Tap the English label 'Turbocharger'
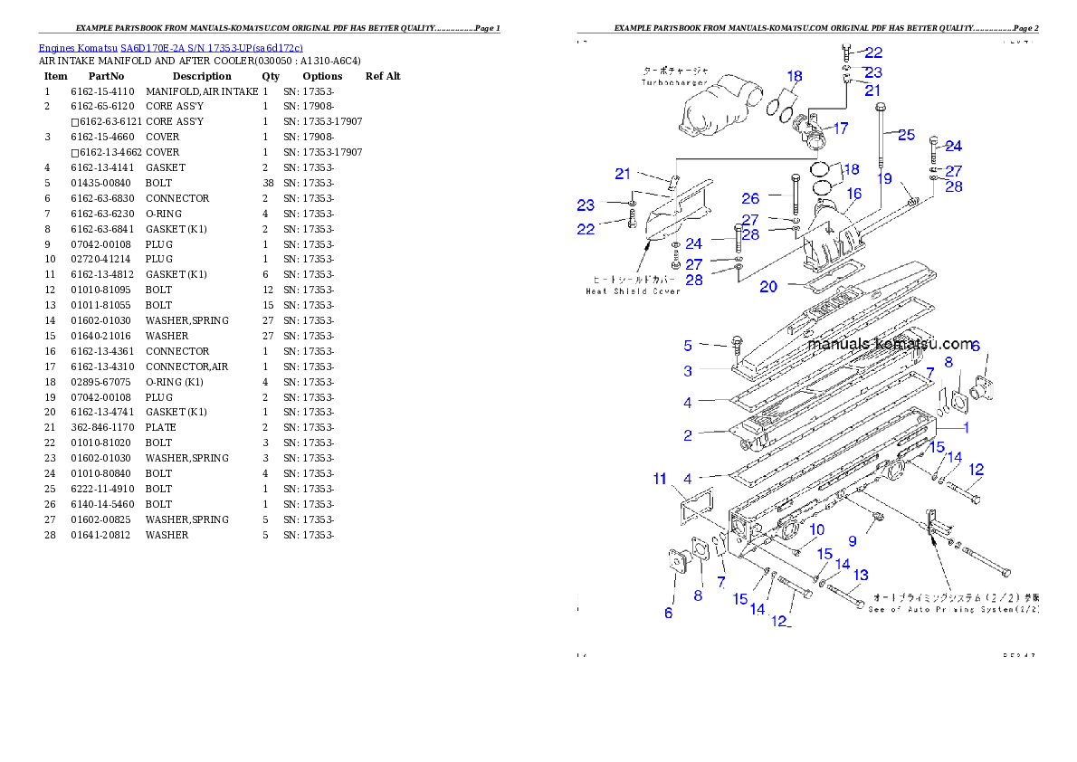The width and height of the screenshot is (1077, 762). click(x=673, y=82)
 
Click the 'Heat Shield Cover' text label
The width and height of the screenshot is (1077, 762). click(x=633, y=291)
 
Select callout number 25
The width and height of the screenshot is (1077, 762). click(x=906, y=134)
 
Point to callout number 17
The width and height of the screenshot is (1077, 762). click(x=841, y=129)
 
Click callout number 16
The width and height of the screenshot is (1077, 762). click(x=854, y=194)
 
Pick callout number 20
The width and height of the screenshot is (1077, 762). click(x=768, y=287)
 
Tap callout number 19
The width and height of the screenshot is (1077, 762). click(x=884, y=179)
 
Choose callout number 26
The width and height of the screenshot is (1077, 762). click(x=750, y=198)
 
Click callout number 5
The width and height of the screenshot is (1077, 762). click(x=688, y=345)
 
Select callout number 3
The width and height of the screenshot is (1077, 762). click(x=688, y=371)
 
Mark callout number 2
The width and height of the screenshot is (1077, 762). click(x=688, y=435)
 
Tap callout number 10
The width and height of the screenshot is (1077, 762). click(x=816, y=529)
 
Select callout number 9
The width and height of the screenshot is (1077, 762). click(x=852, y=541)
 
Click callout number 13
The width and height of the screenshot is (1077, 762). click(x=861, y=575)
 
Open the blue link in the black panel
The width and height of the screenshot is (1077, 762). click(x=170, y=47)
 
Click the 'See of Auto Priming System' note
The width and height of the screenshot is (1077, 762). click(x=954, y=609)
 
